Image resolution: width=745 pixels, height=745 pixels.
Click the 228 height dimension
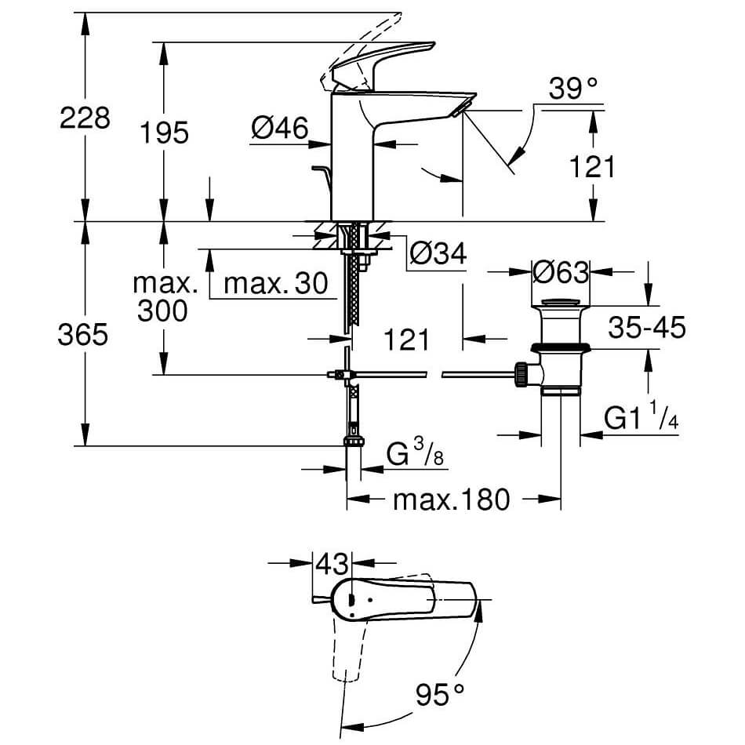tap(85, 119)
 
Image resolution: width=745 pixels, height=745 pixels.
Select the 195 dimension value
tap(165, 133)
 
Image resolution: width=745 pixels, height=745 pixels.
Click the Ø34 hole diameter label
tap(438, 253)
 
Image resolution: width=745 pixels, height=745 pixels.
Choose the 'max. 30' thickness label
tap(274, 284)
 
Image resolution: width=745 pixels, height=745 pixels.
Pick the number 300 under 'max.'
tap(162, 311)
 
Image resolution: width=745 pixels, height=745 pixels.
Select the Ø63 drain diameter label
tap(560, 272)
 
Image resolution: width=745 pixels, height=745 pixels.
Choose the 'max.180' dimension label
tap(452, 499)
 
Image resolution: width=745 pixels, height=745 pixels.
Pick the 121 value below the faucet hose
tap(407, 340)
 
